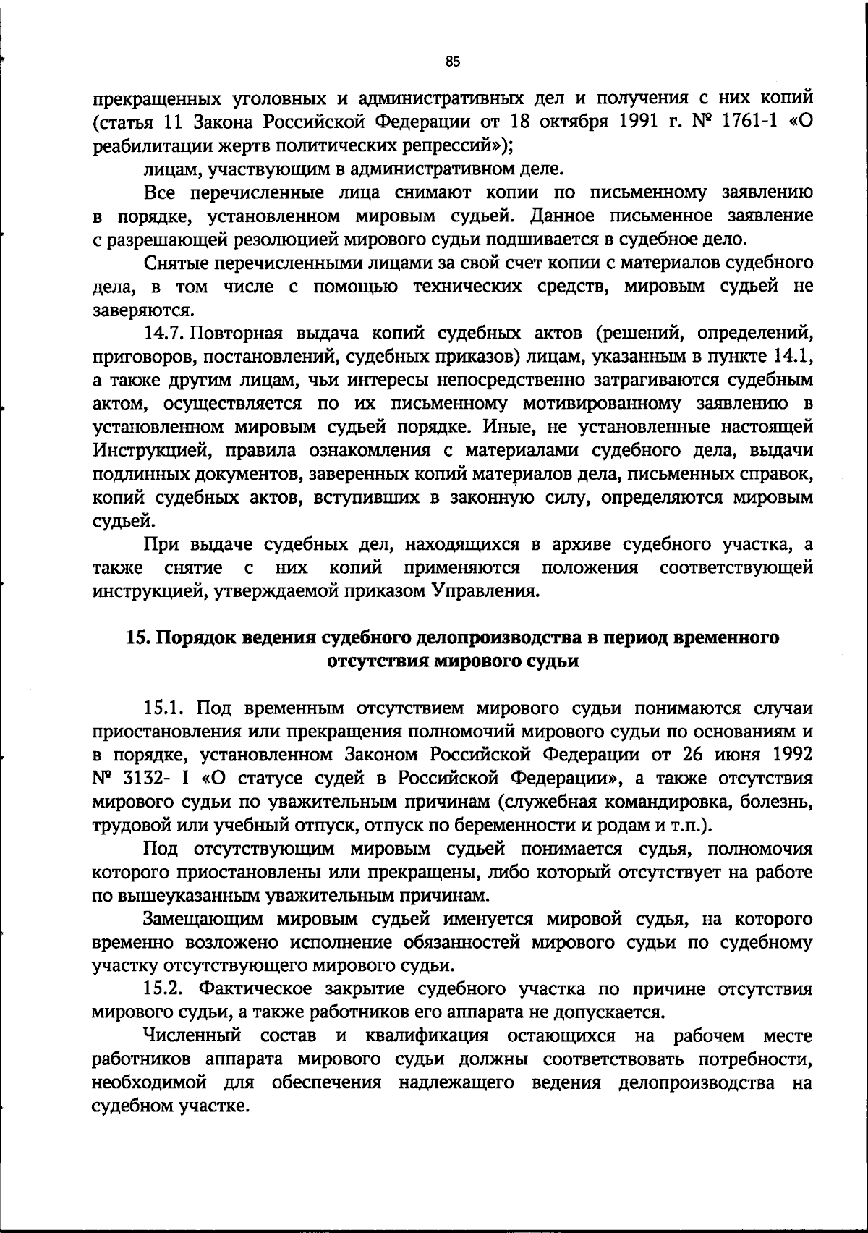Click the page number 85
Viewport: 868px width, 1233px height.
453,62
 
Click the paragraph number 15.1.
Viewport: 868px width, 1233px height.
166,708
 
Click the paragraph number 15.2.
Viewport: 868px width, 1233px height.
166,989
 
